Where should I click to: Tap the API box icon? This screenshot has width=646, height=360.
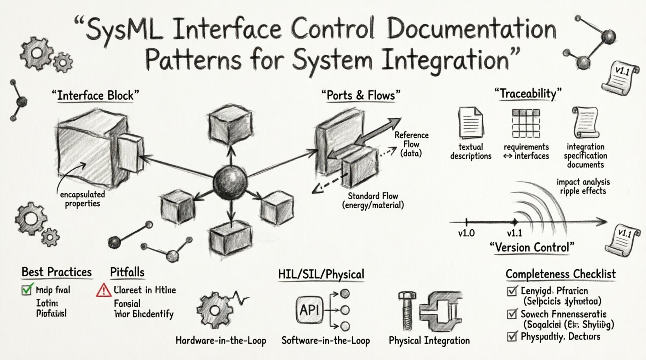point(309,310)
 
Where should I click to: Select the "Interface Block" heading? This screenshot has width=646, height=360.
point(95,95)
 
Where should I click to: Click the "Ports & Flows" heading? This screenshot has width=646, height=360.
point(361,95)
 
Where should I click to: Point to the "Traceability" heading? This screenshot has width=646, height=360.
point(528,93)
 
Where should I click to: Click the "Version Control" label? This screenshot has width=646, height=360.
point(532,247)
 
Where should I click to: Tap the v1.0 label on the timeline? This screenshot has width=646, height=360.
point(466,234)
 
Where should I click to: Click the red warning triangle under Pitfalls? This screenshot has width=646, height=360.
point(103,290)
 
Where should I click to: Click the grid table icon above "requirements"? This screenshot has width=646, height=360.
point(526,123)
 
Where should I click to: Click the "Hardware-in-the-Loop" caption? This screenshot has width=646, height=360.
point(221,341)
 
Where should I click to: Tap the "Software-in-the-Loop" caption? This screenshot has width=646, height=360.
point(325,341)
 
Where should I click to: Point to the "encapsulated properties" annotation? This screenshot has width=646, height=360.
point(82,199)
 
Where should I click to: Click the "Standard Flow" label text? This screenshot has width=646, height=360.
point(373,196)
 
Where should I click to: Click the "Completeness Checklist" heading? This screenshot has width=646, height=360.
point(561,274)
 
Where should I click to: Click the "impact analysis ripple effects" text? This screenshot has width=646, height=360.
point(583,186)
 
